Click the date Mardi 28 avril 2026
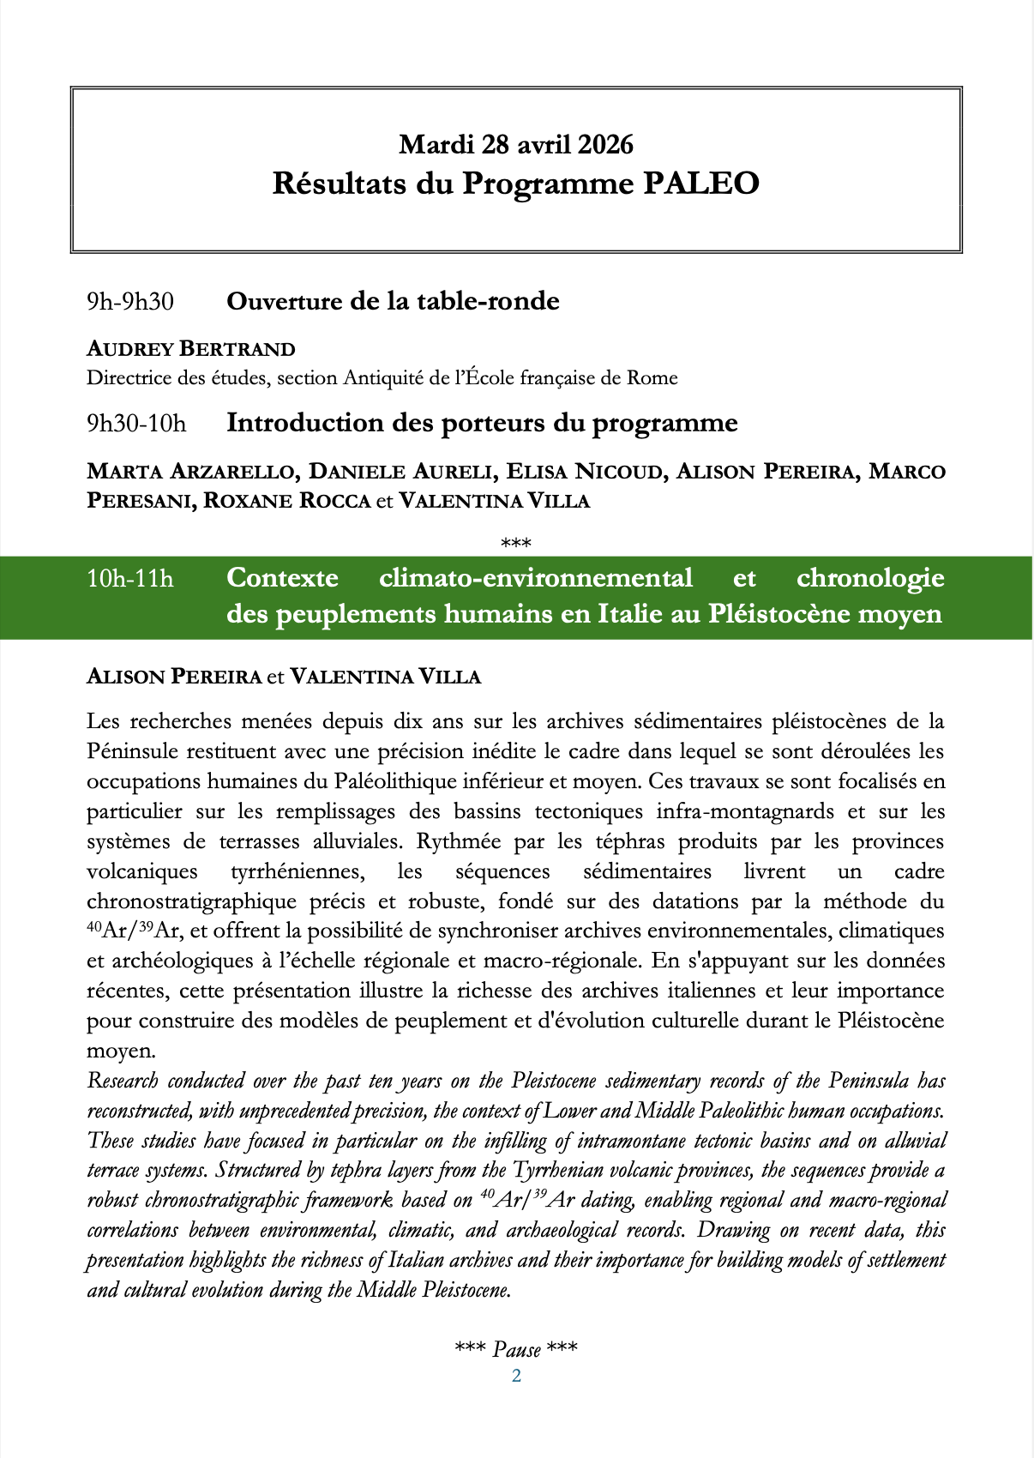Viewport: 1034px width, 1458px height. [x=516, y=144]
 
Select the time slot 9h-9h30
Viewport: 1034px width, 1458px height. [x=129, y=302]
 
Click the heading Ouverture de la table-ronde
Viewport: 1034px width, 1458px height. [x=393, y=301]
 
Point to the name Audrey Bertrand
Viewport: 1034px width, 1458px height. [x=191, y=349]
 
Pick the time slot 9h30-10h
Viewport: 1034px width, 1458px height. [x=136, y=424]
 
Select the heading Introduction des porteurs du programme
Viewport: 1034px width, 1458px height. [x=482, y=423]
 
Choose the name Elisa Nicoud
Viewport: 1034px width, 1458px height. [x=585, y=472]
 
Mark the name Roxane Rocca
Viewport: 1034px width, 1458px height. [x=286, y=501]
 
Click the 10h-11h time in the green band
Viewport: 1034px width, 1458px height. [x=129, y=579]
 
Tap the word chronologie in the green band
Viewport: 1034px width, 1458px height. [x=870, y=578]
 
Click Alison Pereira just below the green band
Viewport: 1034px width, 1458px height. [x=174, y=677]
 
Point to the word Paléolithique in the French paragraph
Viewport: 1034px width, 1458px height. [x=384, y=781]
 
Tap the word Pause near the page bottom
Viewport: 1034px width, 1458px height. [x=517, y=1350]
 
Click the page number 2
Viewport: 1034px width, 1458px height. [x=516, y=1377]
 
